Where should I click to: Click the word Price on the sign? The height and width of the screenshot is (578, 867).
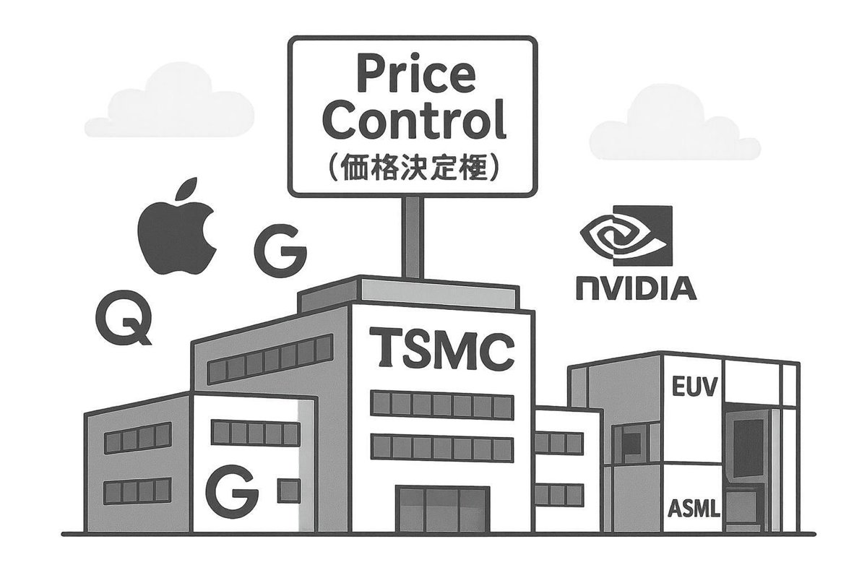click(x=415, y=74)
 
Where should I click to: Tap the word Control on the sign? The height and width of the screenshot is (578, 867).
click(x=415, y=119)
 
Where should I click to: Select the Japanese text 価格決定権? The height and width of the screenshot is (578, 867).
click(x=414, y=168)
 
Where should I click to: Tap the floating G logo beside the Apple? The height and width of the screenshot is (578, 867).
click(x=280, y=250)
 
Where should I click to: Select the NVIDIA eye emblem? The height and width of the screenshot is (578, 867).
click(x=626, y=236)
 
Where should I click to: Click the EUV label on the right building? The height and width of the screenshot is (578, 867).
click(x=694, y=387)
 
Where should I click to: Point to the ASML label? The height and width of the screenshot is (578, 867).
click(x=694, y=509)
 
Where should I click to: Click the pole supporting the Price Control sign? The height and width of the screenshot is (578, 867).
click(x=413, y=236)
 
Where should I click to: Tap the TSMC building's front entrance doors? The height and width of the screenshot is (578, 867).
click(x=442, y=509)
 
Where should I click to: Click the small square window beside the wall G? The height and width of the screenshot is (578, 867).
click(x=289, y=491)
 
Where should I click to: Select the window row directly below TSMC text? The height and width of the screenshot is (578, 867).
click(x=442, y=405)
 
